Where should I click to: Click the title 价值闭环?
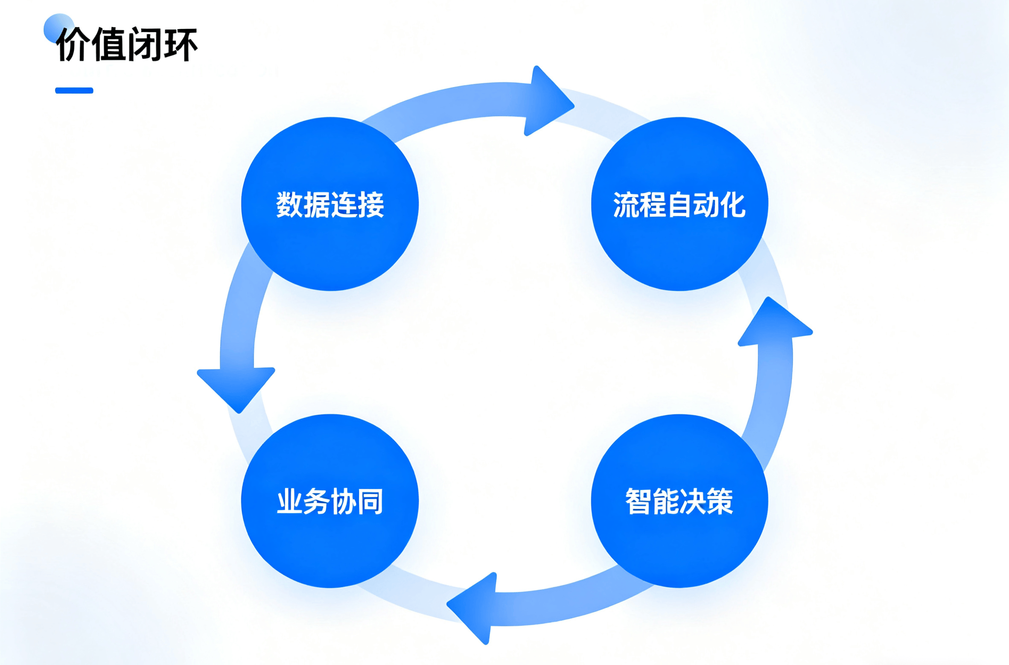click(127, 44)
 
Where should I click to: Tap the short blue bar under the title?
click(74, 90)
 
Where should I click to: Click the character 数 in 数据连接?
click(290, 205)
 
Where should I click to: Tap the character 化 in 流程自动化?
click(732, 205)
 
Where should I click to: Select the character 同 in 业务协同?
click(370, 502)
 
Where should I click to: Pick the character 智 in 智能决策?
click(639, 502)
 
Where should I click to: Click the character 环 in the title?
click(181, 44)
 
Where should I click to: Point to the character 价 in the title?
click(73, 44)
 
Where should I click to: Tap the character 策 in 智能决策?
click(720, 502)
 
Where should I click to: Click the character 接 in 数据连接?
click(370, 205)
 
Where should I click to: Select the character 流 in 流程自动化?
click(627, 205)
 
